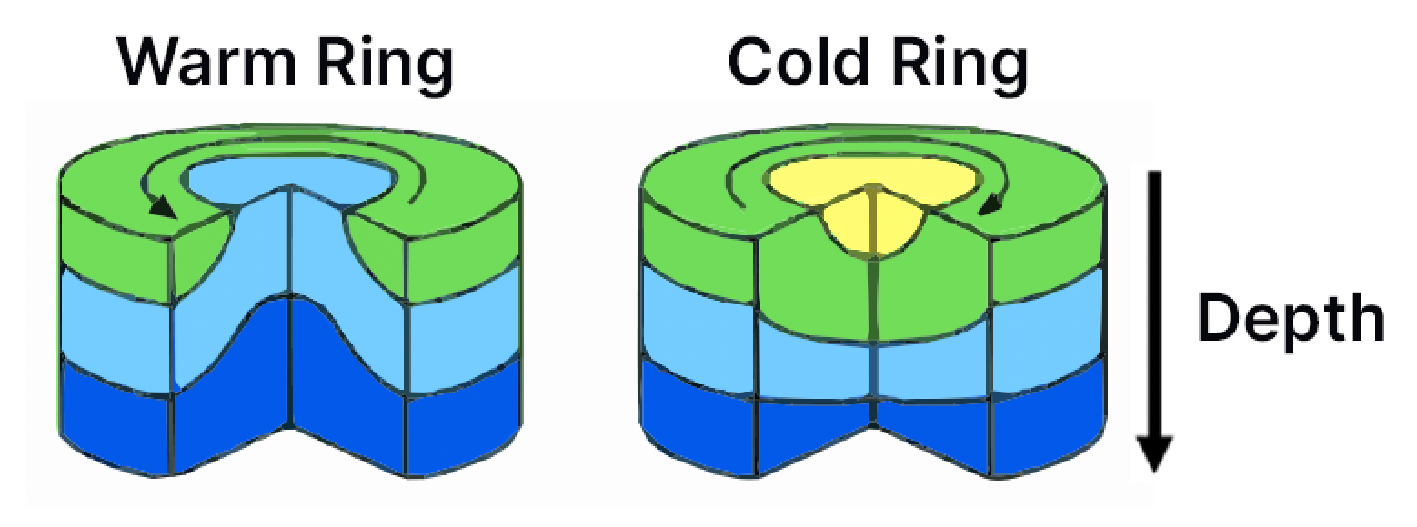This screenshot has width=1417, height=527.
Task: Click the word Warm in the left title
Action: [x=206, y=64]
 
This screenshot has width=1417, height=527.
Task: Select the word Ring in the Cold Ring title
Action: [x=959, y=67]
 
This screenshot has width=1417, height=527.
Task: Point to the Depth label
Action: [x=1291, y=320]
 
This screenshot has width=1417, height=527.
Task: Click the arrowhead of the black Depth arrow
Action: [x=1155, y=453]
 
